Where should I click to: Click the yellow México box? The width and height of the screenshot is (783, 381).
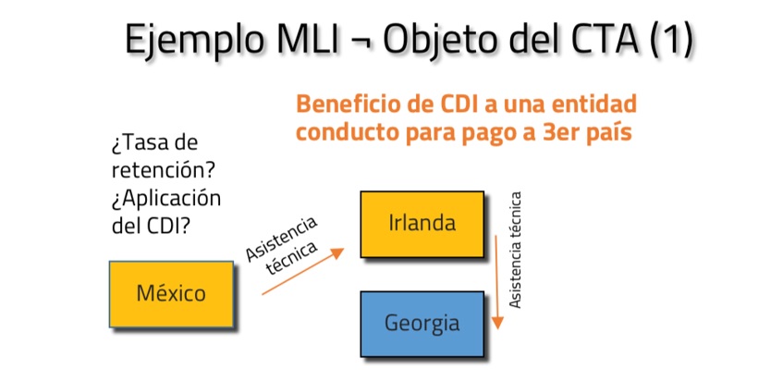[170, 294]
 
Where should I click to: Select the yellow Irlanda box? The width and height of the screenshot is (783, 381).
[422, 223]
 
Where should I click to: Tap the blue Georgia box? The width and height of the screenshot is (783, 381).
[422, 324]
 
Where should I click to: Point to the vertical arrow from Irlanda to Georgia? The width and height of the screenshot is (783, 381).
[497, 282]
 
